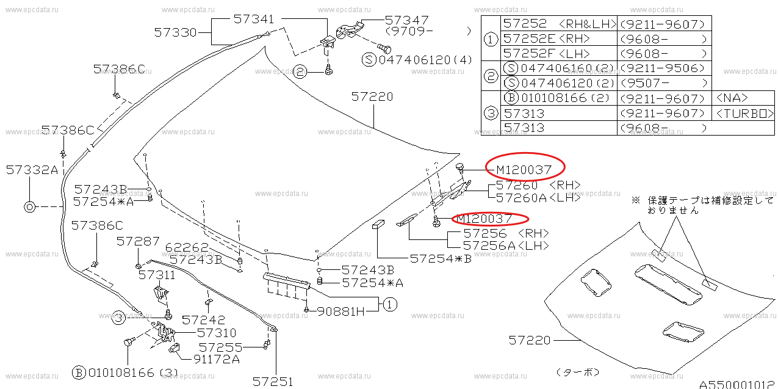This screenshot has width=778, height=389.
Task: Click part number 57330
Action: (x=175, y=32)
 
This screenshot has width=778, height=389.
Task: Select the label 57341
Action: (x=254, y=19)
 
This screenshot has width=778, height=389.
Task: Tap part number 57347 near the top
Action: (x=407, y=20)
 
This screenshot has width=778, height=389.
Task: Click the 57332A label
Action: (x=32, y=170)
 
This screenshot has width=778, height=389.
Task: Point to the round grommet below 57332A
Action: (x=30, y=207)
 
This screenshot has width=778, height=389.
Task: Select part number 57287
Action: (x=138, y=241)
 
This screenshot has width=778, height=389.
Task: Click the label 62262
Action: (x=187, y=247)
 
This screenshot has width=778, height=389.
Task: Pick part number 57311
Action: (x=157, y=275)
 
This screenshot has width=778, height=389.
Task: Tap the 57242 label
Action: (x=204, y=319)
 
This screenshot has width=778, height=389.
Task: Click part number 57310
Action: (x=217, y=333)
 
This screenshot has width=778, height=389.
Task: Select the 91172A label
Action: (x=217, y=358)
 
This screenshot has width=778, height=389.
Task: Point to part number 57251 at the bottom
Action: (x=273, y=382)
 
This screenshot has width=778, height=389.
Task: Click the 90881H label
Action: (x=341, y=311)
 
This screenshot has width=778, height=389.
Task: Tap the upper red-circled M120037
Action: (x=524, y=170)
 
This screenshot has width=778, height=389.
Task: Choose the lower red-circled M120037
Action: (x=484, y=219)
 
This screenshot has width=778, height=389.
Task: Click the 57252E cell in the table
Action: (x=529, y=38)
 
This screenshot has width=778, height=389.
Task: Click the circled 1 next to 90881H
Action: (x=390, y=305)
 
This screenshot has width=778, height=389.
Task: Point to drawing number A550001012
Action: (x=738, y=384)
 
